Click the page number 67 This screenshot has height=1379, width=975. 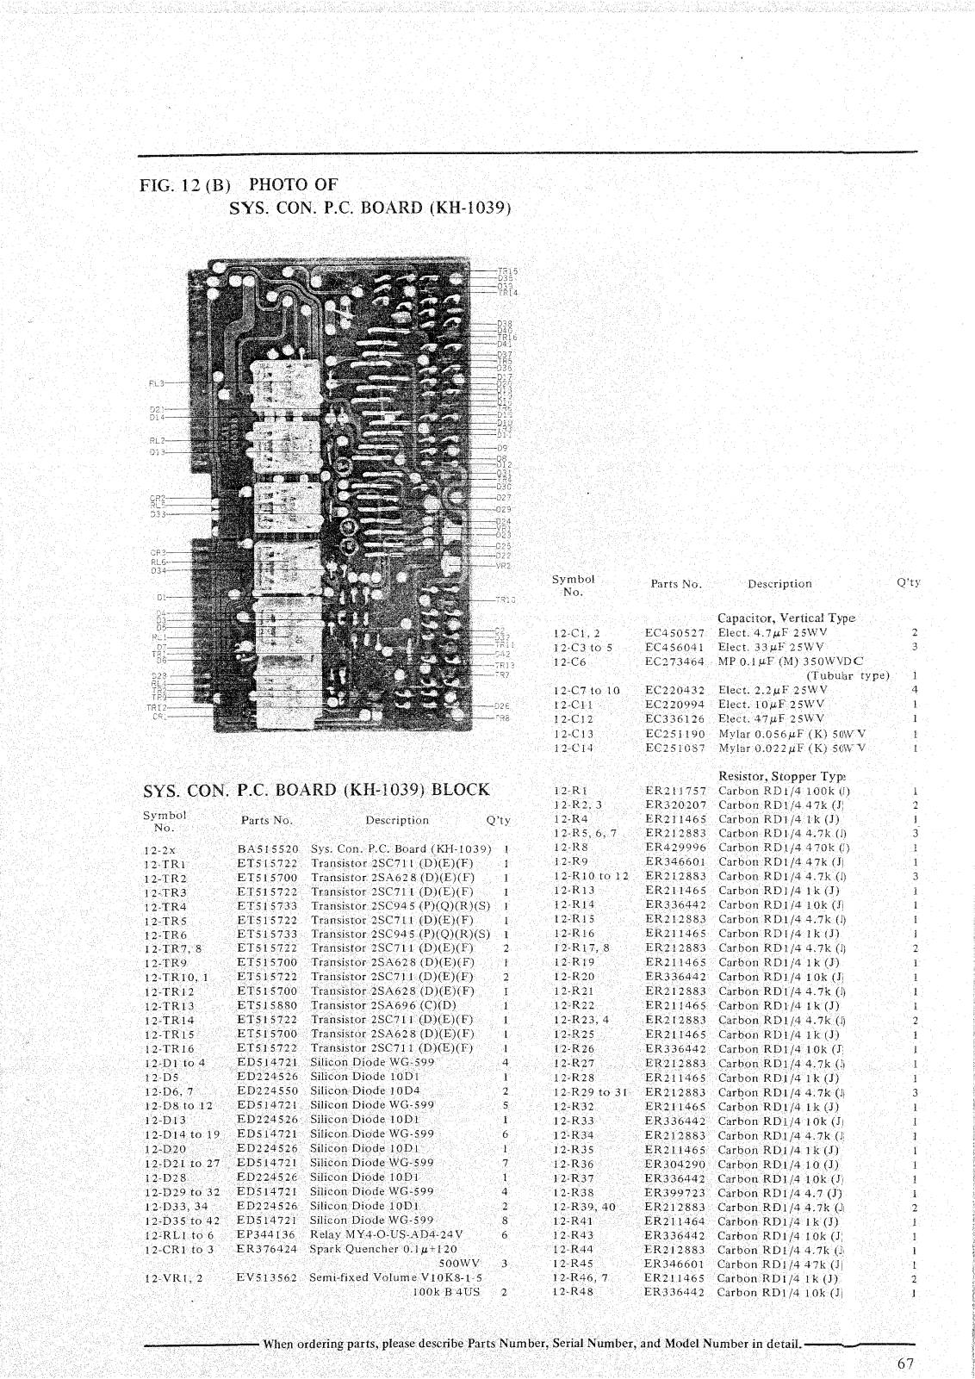[x=904, y=1363]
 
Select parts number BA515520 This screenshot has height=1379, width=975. [x=268, y=848]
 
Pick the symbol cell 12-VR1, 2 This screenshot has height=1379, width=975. [x=173, y=1278]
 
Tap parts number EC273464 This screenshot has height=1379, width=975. [x=675, y=662]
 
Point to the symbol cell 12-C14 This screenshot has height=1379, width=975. [x=573, y=749]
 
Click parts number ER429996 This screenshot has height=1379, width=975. [x=675, y=848]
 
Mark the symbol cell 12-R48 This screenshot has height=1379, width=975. [x=574, y=1292]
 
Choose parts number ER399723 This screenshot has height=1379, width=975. [x=675, y=1192]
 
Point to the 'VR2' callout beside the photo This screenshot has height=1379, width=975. [x=504, y=565]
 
